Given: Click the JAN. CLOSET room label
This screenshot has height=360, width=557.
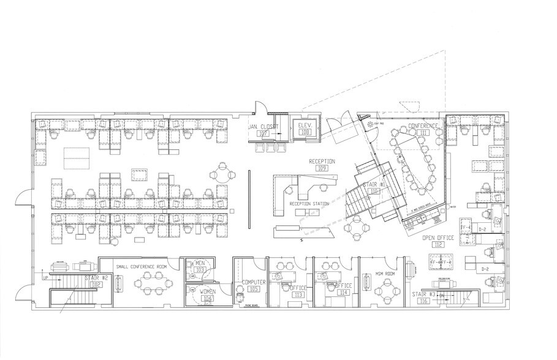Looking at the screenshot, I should (263, 127).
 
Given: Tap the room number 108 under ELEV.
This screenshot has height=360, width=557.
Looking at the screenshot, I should (305, 132).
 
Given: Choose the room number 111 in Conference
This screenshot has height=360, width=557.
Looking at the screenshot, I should (423, 133).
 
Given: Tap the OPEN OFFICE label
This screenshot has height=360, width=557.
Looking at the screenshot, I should (438, 238).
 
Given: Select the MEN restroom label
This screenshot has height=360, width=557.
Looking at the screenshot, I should (200, 263).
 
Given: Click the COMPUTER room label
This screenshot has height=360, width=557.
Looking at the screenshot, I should (254, 282).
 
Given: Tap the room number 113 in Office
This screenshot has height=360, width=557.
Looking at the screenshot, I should (298, 294).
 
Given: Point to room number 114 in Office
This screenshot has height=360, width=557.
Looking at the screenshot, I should (344, 293).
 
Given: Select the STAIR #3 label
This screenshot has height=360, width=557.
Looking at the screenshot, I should (423, 293).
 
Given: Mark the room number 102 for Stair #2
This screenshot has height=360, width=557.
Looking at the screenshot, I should (96, 285).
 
